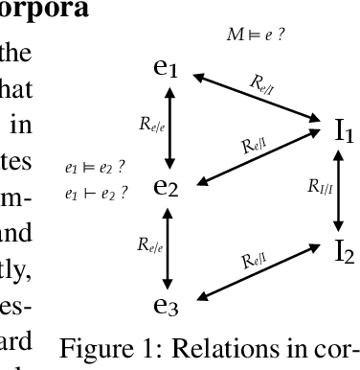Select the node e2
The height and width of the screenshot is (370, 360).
tap(167, 186)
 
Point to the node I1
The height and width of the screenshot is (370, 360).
tap(343, 131)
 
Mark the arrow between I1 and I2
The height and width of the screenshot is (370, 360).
tap(335, 191)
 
